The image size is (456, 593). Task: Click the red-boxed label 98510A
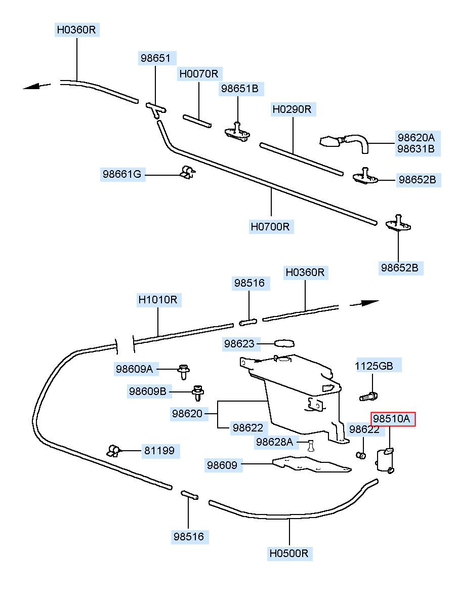391,419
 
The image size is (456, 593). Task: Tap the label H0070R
199,73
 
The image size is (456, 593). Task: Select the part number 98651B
240,89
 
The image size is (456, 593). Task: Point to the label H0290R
292,109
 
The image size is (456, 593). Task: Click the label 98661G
122,174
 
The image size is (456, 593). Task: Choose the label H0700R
270,227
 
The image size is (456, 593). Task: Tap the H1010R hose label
158,300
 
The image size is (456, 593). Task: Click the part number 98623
239,344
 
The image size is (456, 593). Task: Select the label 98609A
134,369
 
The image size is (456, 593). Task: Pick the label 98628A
274,442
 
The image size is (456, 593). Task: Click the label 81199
159,450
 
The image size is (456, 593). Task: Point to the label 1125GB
374,366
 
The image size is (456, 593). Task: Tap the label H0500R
289,554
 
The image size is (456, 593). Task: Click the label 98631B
416,149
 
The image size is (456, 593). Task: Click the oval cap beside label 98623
284,343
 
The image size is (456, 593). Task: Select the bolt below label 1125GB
368,397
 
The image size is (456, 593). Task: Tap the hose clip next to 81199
113,450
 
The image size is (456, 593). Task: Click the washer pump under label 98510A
385,460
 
